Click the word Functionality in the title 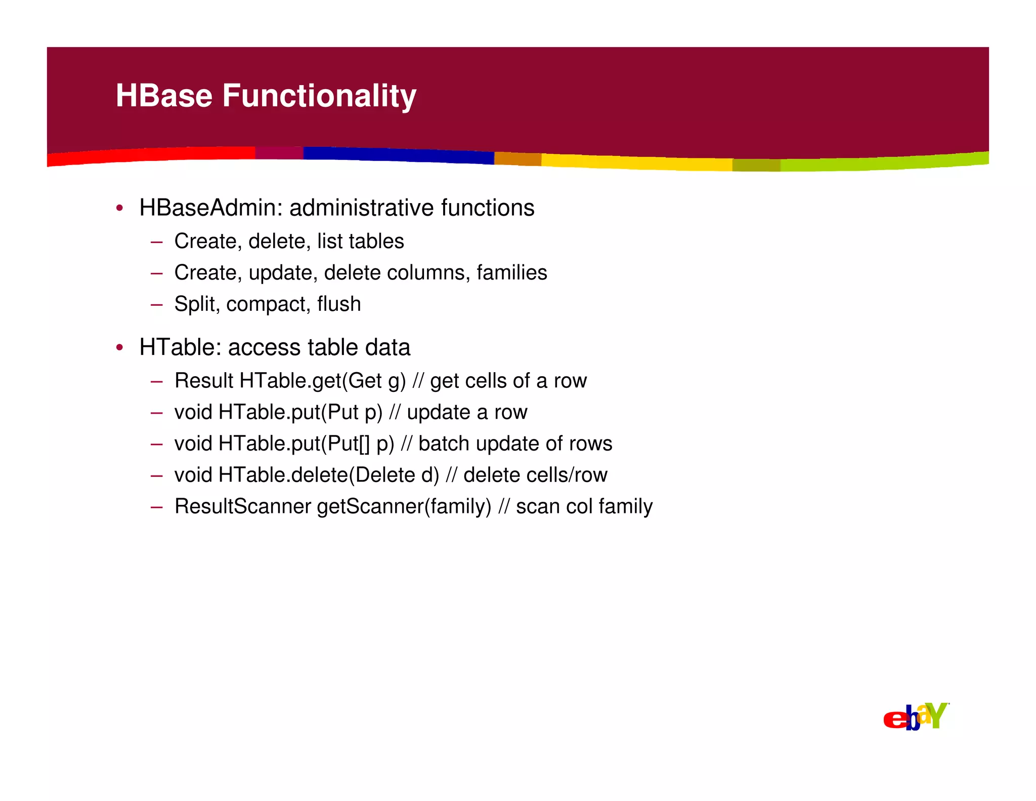tap(319, 96)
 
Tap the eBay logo tap(916, 716)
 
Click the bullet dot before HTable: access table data tap(119, 348)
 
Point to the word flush tap(339, 304)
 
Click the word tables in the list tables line tap(375, 242)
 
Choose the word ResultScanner tap(243, 507)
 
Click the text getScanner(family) tap(404, 507)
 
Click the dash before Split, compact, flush tap(156, 305)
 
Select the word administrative tap(362, 208)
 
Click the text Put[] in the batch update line tap(349, 444)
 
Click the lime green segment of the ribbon tap(885, 163)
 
